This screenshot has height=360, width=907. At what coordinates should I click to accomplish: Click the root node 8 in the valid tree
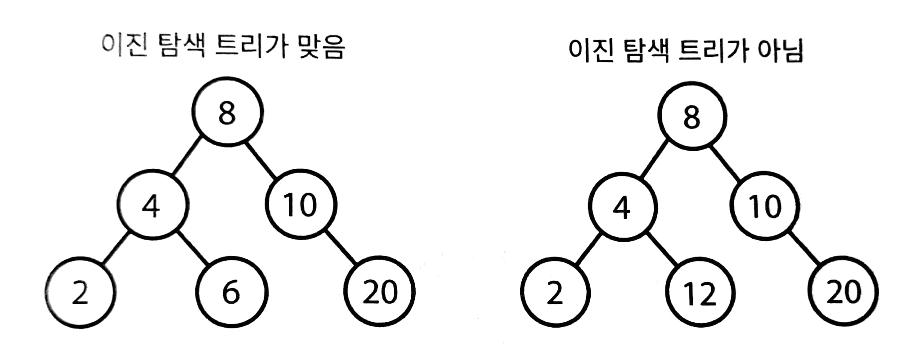pos(227,112)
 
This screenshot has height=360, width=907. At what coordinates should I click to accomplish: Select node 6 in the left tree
pos(231,292)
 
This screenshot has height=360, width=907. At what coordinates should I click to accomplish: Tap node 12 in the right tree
pos(700,293)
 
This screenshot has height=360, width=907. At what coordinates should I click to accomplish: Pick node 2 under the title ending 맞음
pos(80,292)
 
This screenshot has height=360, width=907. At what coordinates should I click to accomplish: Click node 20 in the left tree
pos(380,292)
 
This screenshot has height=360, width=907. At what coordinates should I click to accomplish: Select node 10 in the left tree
pos(301,205)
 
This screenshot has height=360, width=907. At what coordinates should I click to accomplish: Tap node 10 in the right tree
pos(765,207)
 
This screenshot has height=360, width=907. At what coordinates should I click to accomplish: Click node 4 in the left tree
pos(152,206)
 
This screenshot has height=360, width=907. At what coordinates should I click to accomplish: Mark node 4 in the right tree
pos(622,207)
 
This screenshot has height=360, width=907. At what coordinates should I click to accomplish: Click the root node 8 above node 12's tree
pos(692,116)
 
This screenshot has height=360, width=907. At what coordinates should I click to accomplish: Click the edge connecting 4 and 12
pos(663,249)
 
